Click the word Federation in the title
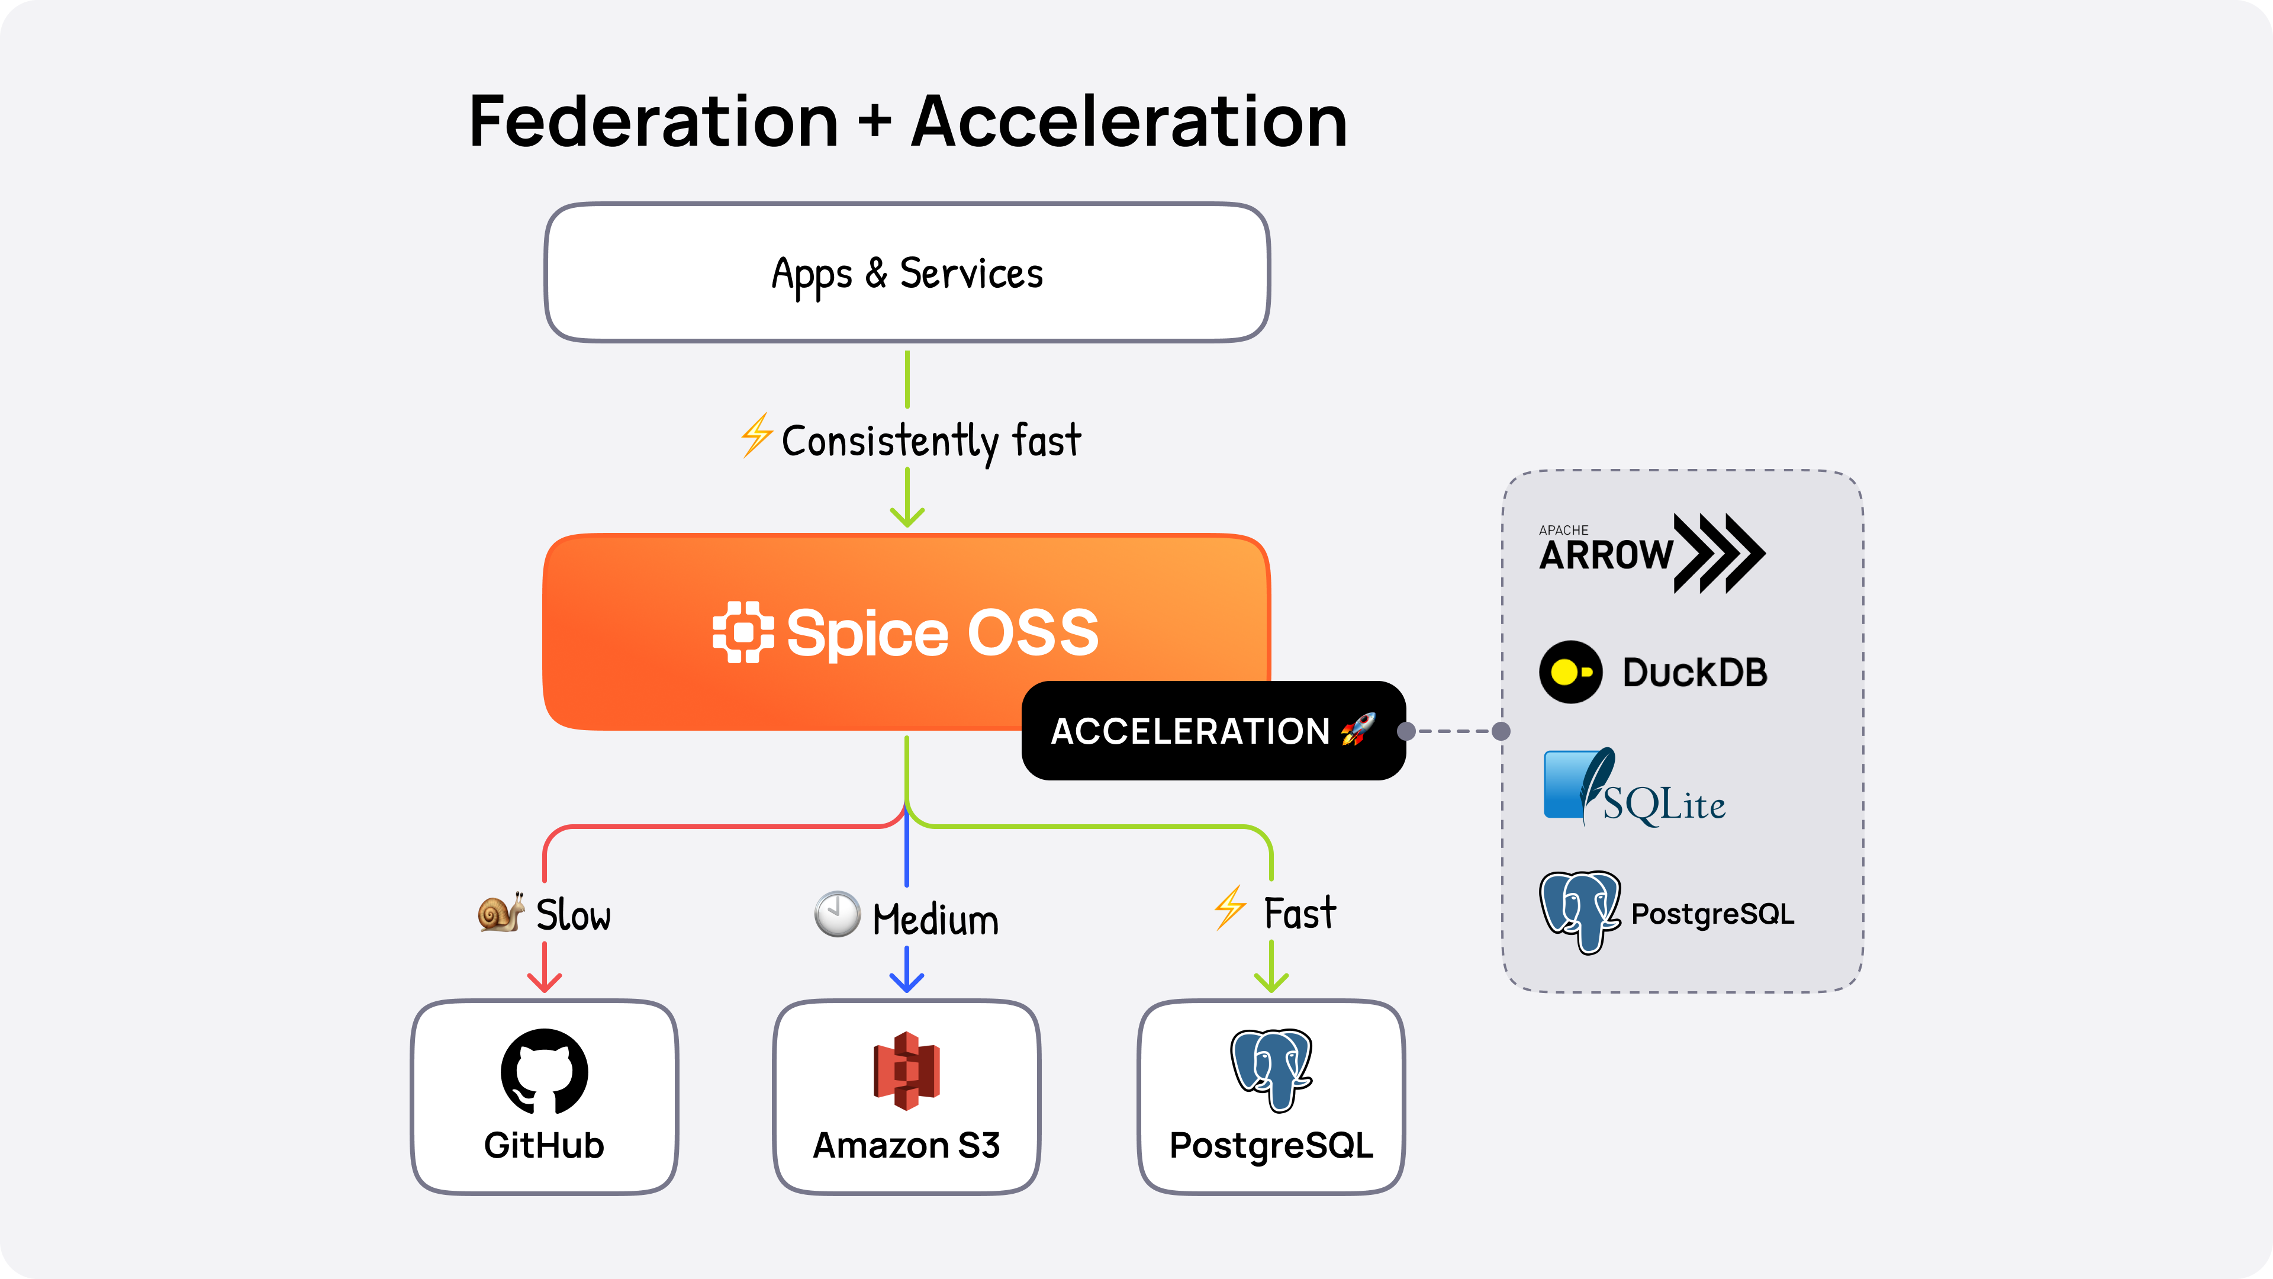pos(653,122)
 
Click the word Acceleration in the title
pos(1129,122)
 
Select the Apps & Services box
pos(907,273)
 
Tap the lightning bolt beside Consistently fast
pos(756,435)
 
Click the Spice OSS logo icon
pos(742,632)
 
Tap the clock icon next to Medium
pos(836,914)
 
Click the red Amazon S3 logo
pos(906,1071)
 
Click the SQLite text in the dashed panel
pos(1663,804)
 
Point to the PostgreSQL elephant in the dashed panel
pos(1579,912)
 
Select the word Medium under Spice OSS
pos(935,920)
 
